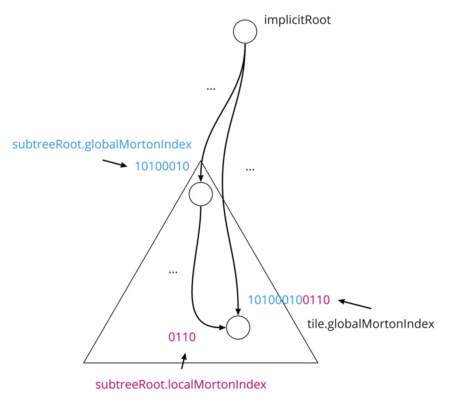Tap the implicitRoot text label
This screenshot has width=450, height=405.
(x=297, y=20)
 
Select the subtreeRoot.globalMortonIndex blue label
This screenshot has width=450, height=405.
(x=102, y=144)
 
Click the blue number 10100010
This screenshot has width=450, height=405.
(x=162, y=166)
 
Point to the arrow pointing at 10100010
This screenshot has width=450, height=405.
(x=115, y=163)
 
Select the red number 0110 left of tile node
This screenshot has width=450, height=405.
(x=182, y=337)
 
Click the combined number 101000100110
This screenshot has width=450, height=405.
(x=289, y=300)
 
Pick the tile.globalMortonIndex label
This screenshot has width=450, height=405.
(x=370, y=324)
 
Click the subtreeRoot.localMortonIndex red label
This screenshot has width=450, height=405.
(x=181, y=385)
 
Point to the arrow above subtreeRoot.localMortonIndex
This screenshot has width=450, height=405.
(x=184, y=361)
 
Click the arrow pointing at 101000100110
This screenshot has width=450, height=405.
(x=355, y=304)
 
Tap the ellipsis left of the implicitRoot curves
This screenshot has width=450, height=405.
(x=211, y=89)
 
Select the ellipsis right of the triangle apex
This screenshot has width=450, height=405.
(x=250, y=170)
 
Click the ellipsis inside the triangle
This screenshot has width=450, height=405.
(x=173, y=272)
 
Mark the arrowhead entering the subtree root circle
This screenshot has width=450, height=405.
(x=200, y=178)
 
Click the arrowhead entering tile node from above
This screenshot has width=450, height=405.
(x=238, y=312)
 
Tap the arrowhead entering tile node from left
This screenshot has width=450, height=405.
(x=222, y=327)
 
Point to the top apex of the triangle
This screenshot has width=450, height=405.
(x=200, y=161)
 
